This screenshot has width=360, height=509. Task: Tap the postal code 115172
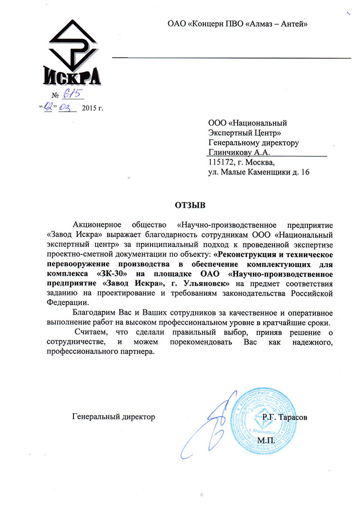pyautogui.click(x=222, y=162)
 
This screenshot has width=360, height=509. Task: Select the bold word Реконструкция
pyautogui.click(x=250, y=254)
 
